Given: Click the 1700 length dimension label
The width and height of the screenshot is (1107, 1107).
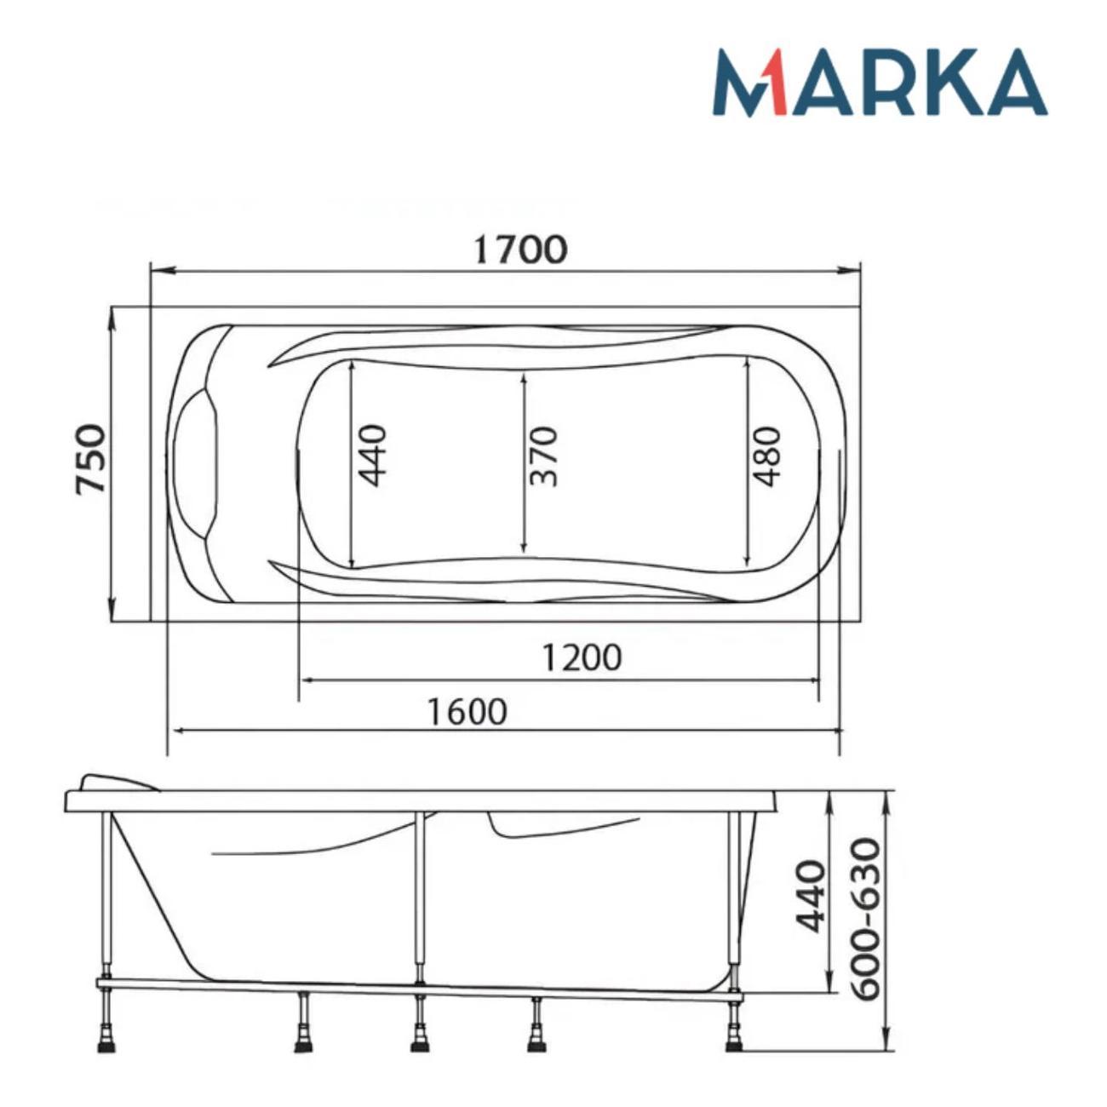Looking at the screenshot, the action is tap(520, 250).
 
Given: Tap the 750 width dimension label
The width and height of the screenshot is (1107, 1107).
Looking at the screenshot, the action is tap(91, 458).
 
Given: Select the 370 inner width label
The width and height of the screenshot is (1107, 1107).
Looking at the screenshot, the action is tap(543, 456).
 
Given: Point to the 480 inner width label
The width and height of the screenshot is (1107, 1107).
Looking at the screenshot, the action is tap(767, 456).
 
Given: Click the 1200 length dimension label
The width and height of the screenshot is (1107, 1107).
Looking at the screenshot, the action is tap(582, 657).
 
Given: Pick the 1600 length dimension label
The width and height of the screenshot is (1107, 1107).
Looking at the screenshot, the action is tap(467, 712).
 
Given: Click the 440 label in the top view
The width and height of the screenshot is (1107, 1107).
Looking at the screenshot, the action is tap(371, 456).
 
